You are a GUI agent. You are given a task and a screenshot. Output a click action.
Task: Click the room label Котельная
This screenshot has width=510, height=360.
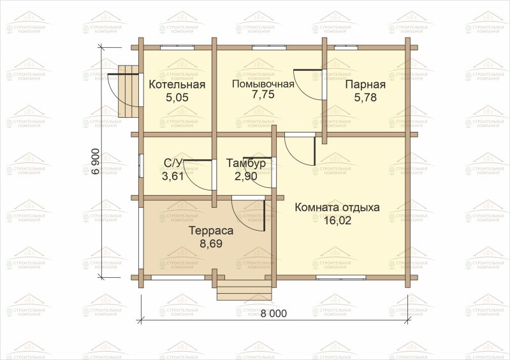point(177,85)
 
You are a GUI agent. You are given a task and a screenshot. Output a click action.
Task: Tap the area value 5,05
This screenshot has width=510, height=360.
point(177,97)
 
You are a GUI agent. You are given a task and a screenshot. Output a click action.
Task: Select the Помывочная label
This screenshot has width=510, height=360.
point(263,84)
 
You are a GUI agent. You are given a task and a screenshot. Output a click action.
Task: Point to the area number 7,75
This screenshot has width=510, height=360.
point(263,94)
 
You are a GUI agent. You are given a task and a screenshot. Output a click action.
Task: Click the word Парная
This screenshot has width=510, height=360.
point(365,85)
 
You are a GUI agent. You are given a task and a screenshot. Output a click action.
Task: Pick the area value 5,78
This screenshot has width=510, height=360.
point(365,97)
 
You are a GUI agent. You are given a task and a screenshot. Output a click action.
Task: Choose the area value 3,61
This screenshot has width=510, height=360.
point(173,176)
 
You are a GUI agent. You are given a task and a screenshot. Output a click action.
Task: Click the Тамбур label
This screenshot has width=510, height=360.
point(246,163)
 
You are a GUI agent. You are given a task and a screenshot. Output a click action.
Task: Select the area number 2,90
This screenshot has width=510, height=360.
point(246,176)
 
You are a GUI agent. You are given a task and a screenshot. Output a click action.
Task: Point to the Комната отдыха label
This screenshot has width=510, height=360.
point(337,208)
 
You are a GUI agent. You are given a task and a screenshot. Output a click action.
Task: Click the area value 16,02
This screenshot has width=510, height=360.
point(338,220)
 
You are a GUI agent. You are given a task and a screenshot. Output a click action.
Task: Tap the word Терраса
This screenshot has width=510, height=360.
point(212,231)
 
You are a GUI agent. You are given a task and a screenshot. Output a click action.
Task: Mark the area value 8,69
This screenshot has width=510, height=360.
point(211,243)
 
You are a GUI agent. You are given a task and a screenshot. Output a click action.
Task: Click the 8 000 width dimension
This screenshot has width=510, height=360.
point(273,313)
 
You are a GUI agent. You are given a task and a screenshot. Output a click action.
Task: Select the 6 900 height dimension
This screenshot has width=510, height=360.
point(95,162)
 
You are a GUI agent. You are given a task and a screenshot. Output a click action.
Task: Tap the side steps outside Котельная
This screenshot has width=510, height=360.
point(128,91)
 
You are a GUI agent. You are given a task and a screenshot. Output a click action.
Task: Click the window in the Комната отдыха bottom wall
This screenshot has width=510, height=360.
point(341,277)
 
